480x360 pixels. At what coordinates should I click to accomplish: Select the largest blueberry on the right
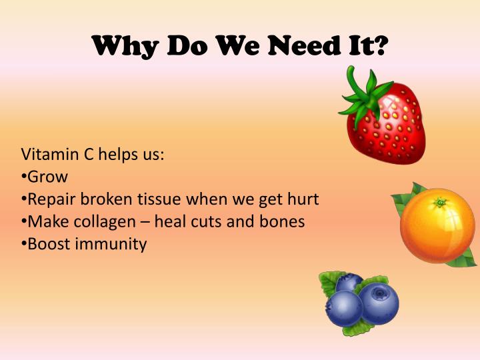pyautogui.click(x=379, y=303)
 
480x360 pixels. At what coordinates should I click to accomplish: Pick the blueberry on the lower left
pyautogui.click(x=343, y=308)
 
